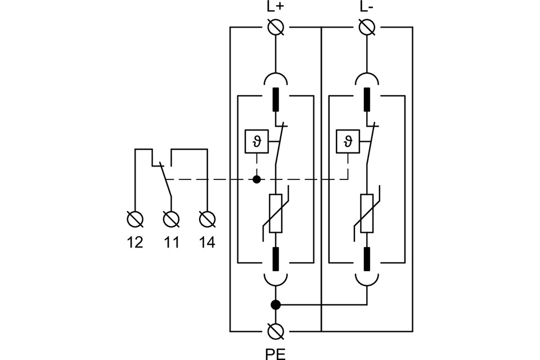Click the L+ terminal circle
(x=276, y=26)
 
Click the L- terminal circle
(x=366, y=26)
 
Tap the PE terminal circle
(x=276, y=331)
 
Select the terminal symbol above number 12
(x=135, y=218)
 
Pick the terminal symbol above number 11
(x=171, y=218)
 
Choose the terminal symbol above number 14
(x=207, y=218)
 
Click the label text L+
(x=276, y=8)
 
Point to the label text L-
(x=366, y=8)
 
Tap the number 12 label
(x=135, y=242)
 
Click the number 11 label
(x=172, y=242)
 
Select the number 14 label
(x=207, y=242)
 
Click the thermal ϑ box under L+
(x=257, y=141)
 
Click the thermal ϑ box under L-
(x=347, y=141)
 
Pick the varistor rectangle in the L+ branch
(x=276, y=213)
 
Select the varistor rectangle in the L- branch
(x=366, y=213)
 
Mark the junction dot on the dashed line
(x=257, y=180)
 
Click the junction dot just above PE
(x=276, y=305)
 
